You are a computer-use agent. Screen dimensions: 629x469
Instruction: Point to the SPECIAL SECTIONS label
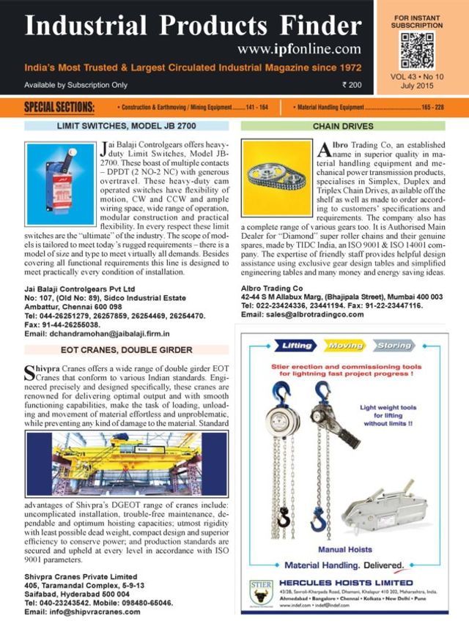point(59,108)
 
